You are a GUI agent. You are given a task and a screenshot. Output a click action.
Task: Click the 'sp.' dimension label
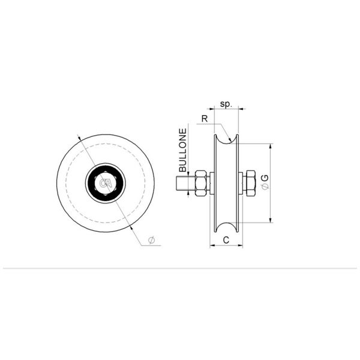[x=226, y=104]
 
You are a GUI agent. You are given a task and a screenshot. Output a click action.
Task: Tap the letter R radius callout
[x=205, y=119]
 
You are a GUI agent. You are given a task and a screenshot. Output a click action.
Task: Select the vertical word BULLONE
[x=183, y=150]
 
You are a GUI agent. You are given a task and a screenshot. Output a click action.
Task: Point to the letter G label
[x=265, y=178]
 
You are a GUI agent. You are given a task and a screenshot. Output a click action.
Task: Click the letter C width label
[x=226, y=240]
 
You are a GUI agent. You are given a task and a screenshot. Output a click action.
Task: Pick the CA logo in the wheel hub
[x=106, y=183]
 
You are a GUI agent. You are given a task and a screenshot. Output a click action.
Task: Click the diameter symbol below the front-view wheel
[x=151, y=240]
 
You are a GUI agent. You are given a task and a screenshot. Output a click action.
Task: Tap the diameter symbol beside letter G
[x=265, y=187]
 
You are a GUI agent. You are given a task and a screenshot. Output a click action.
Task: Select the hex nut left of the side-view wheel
[x=200, y=183]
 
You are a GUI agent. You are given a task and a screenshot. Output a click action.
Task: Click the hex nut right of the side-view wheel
[x=250, y=183]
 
